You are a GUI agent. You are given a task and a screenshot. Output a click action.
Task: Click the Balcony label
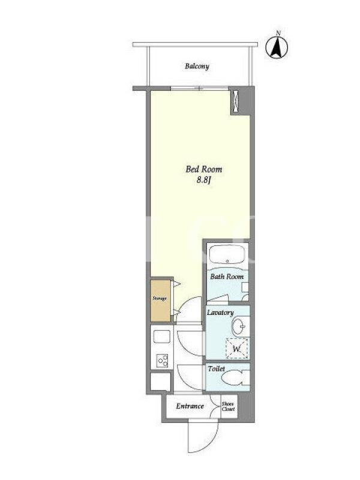point(197,67)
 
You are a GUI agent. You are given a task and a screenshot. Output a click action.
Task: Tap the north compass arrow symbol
point(277,47)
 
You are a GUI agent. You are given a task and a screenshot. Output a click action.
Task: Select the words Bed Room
point(204,169)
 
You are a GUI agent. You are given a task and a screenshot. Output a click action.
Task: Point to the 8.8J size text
point(204,179)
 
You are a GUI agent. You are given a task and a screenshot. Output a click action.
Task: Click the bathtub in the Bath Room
point(228,254)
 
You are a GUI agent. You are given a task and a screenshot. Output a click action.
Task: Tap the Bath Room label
point(227,277)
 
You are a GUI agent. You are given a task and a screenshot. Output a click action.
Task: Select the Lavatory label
point(220,313)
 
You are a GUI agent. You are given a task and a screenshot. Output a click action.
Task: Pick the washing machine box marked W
point(236,348)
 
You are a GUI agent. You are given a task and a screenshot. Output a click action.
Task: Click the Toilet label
point(216,369)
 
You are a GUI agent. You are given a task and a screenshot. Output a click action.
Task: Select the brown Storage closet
point(160,300)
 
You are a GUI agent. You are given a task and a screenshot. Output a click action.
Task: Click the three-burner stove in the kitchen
point(162,361)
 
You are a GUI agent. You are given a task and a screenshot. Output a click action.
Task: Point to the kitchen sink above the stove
point(161,337)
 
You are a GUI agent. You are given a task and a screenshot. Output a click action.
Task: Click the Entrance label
point(190,406)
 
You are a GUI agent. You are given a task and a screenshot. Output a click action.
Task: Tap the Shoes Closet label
point(228,407)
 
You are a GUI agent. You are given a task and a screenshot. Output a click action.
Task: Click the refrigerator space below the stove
point(160,382)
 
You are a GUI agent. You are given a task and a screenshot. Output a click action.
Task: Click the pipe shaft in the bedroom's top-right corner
point(235,101)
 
